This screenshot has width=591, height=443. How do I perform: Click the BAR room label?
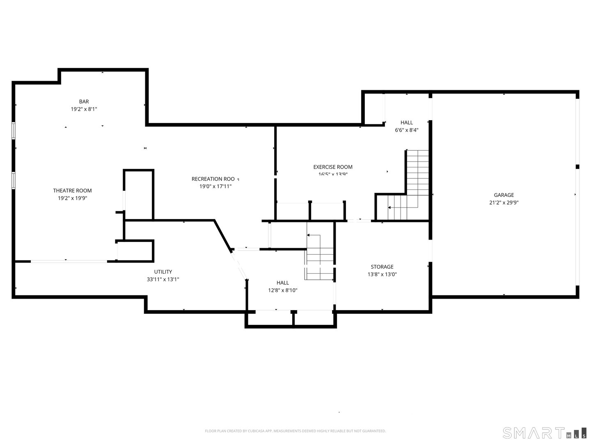click(84, 102)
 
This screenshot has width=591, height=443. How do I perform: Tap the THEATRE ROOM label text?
click(72, 191)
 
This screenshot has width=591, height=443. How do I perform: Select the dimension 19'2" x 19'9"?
click(72, 198)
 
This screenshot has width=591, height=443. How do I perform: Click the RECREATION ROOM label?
click(213, 179)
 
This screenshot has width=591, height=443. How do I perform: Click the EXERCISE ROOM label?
click(333, 167)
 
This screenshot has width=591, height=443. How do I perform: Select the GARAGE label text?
click(504, 195)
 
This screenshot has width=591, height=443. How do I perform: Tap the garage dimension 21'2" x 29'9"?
click(504, 203)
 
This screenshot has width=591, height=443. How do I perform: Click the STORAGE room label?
click(382, 267)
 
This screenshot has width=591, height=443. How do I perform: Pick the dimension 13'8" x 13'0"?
click(382, 274)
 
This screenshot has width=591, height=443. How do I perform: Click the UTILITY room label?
click(163, 272)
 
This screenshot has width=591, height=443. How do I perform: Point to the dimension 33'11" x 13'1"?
click(163, 279)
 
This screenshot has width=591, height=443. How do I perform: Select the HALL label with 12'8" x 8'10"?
click(282, 283)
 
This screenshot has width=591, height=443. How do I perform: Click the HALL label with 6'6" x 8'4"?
click(407, 123)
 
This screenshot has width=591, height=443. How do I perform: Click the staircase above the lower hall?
click(319, 252)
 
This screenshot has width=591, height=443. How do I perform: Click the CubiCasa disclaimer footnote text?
click(295, 431)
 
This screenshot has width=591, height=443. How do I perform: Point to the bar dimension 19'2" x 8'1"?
click(84, 109)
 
